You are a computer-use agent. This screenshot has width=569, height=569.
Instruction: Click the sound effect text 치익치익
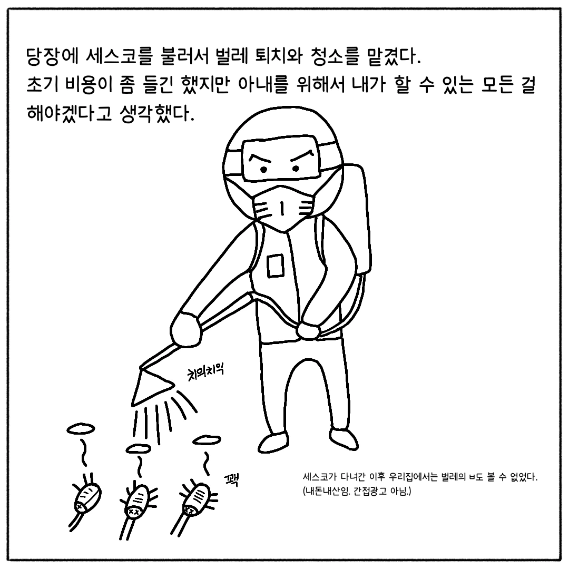pyautogui.click(x=205, y=373)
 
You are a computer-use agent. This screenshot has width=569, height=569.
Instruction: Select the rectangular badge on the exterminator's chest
pyautogui.click(x=276, y=266)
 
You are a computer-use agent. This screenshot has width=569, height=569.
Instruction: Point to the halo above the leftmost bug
pyautogui.click(x=81, y=429)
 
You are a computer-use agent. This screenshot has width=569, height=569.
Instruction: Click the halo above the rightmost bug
pyautogui.click(x=207, y=440)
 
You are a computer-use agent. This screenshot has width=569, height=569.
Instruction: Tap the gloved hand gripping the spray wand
pyautogui.click(x=187, y=329)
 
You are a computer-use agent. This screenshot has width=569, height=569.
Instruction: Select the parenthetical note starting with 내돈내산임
pyautogui.click(x=357, y=492)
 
